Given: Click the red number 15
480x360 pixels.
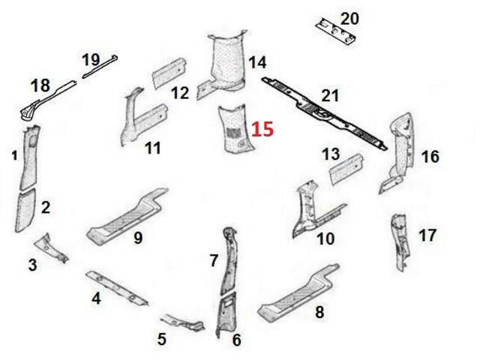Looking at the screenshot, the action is pyautogui.click(x=262, y=129).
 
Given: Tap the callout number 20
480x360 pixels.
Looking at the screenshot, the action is pyautogui.click(x=349, y=19).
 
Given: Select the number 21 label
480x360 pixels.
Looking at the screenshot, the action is pyautogui.click(x=330, y=95).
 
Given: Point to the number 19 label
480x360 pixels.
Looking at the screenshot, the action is pyautogui.click(x=91, y=60).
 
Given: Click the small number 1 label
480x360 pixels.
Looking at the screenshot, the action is pyautogui.click(x=14, y=156).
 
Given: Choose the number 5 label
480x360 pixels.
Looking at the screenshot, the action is pyautogui.click(x=162, y=339).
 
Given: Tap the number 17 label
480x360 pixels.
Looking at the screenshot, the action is pyautogui.click(x=427, y=235).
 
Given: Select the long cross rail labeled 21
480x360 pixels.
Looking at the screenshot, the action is pyautogui.click(x=325, y=114).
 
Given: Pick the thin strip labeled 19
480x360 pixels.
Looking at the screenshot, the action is pyautogui.click(x=100, y=66).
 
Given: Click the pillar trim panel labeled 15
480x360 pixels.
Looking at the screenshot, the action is pyautogui.click(x=235, y=128).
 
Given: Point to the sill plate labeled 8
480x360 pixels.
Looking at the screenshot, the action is pyautogui.click(x=299, y=293).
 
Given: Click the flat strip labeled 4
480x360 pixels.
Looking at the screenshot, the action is pyautogui.click(x=117, y=288).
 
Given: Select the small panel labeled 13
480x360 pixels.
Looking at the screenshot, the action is pyautogui.click(x=346, y=169).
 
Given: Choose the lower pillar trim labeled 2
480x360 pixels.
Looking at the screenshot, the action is pyautogui.click(x=25, y=211).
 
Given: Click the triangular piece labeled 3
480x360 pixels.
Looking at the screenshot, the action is pyautogui.click(x=51, y=248).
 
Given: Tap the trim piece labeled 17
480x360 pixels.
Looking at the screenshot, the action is pyautogui.click(x=400, y=242).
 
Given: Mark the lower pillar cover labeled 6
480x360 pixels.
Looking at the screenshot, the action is pyautogui.click(x=226, y=314).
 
